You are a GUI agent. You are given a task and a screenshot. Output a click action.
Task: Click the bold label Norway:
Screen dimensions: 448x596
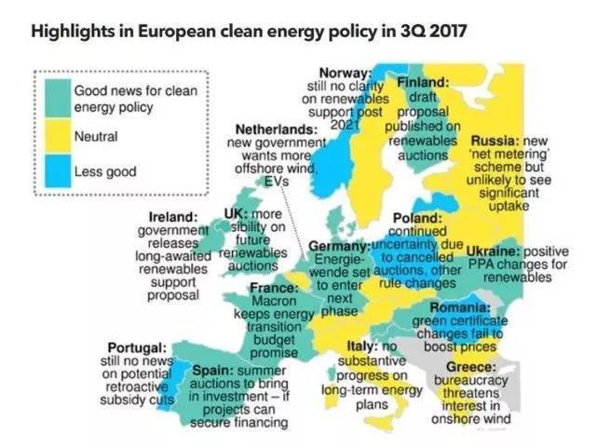click(345, 74)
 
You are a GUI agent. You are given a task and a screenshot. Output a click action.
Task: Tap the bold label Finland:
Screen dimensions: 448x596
click(424, 82)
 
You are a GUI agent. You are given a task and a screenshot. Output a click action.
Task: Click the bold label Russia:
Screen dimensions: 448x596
click(495, 140)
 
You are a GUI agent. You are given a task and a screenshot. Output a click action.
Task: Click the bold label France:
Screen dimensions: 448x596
click(273, 288)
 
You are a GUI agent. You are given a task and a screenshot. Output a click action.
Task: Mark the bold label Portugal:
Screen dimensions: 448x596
click(137, 348)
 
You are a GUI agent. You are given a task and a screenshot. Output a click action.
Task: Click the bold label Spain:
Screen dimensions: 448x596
click(213, 368)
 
